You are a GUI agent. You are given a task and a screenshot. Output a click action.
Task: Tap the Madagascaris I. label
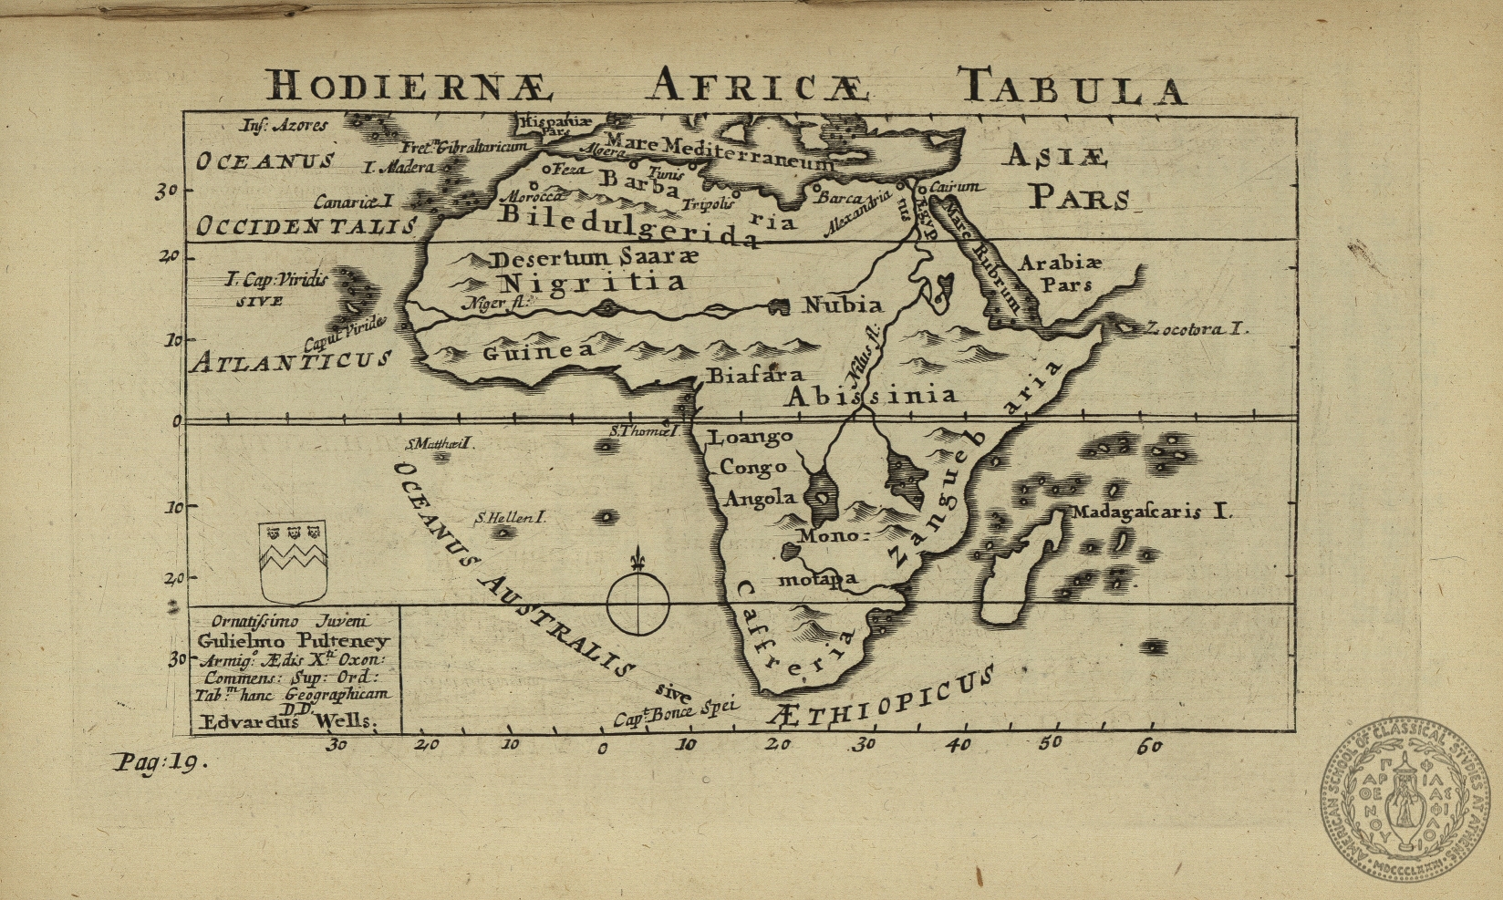coord(1151,512)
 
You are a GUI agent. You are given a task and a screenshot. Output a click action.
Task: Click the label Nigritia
coord(594,283)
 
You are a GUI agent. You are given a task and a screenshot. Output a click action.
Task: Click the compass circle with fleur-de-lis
coord(638,602)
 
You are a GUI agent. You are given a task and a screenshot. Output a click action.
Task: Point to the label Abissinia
coord(872,396)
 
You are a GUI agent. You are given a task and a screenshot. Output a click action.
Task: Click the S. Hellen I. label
coord(510,518)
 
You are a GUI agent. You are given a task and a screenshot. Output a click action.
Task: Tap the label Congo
coord(753,468)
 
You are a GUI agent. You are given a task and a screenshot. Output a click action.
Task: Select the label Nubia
coord(842,305)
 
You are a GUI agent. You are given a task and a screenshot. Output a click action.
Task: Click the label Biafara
coord(756,375)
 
